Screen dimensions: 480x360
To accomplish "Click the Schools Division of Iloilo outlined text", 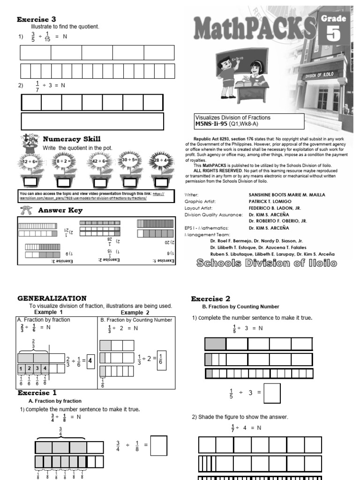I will (x=266, y=263).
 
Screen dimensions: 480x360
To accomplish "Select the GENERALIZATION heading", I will (x=52, y=298).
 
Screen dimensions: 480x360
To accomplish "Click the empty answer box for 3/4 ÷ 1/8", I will (x=159, y=446).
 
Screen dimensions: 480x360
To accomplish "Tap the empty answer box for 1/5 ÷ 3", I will (x=272, y=393).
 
